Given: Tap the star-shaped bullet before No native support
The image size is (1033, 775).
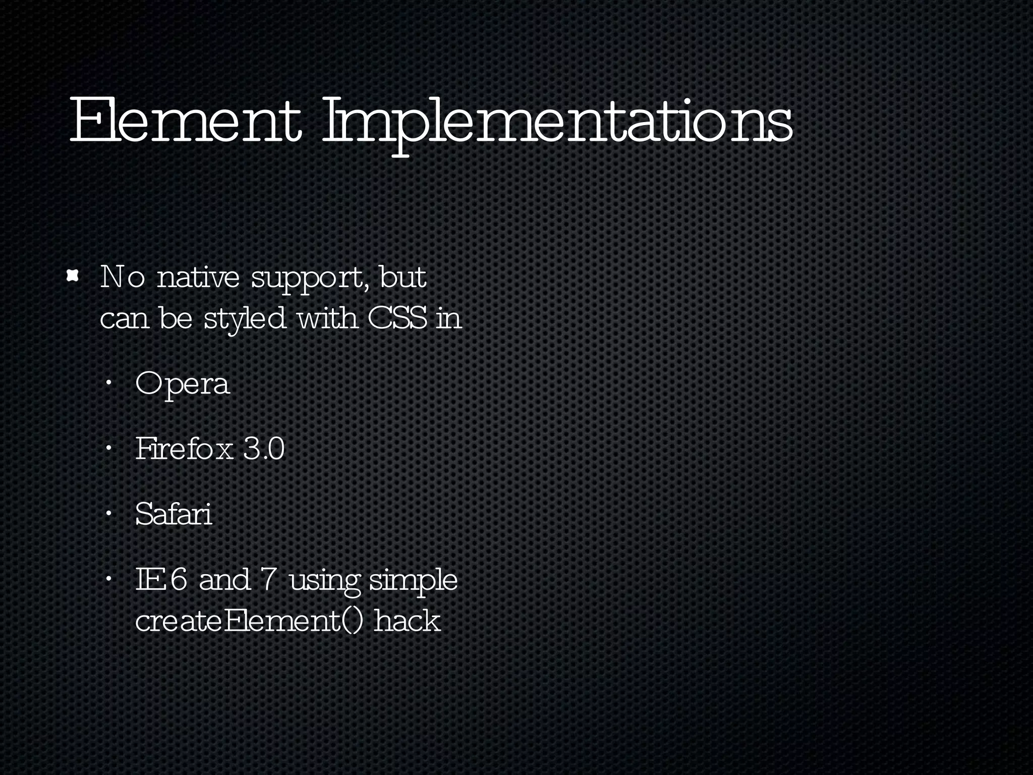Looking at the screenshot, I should tap(74, 275).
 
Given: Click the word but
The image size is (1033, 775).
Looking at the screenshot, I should tap(403, 277).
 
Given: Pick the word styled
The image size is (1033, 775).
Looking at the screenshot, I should tap(245, 319).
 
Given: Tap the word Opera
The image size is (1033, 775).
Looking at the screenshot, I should tap(183, 385).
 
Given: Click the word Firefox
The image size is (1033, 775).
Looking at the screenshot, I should tap(184, 449).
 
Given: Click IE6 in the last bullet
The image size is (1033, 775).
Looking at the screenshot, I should tap(161, 580).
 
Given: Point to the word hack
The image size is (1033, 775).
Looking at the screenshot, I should tap(408, 621).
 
